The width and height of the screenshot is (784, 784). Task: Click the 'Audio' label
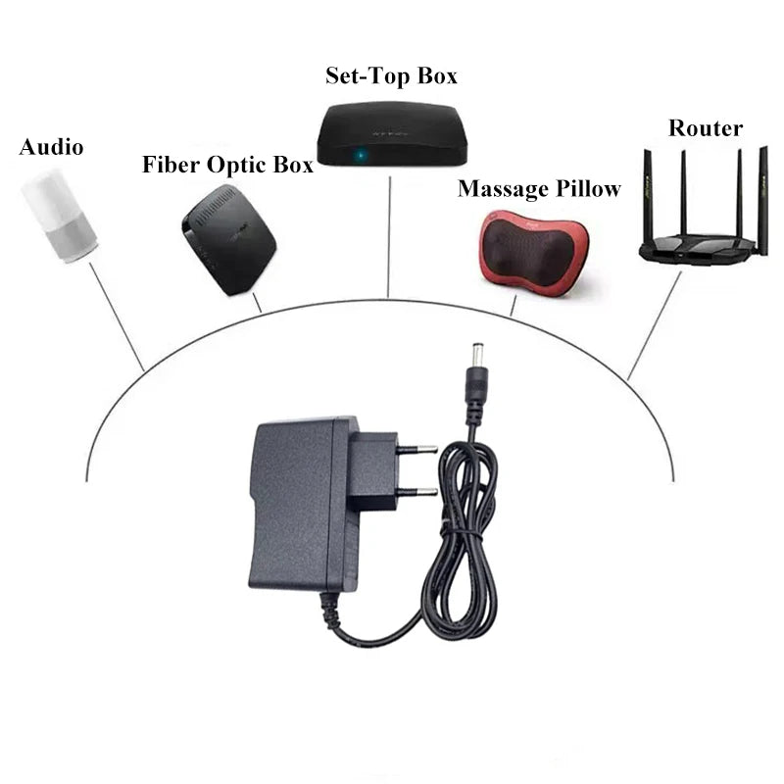pyautogui.click(x=52, y=146)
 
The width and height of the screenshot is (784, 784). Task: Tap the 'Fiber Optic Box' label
pyautogui.click(x=227, y=165)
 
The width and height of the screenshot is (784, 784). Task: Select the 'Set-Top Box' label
pyautogui.click(x=391, y=76)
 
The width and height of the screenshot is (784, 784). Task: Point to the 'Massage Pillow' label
pyautogui.click(x=539, y=189)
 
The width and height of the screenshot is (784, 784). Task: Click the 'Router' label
pyautogui.click(x=706, y=128)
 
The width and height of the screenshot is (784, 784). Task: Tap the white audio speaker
pyautogui.click(x=59, y=216)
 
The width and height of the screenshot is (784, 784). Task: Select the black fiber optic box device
pyautogui.click(x=229, y=239)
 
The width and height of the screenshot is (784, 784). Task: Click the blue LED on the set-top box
pyautogui.click(x=360, y=155)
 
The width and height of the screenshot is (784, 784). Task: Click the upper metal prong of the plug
pyautogui.click(x=417, y=450)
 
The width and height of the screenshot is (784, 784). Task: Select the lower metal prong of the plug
pyautogui.click(x=417, y=492)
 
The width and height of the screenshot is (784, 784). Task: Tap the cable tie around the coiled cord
pyautogui.click(x=461, y=530)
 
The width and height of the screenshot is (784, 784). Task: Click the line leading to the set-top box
pyautogui.click(x=389, y=237)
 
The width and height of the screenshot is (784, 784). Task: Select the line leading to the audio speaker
pyautogui.click(x=117, y=317)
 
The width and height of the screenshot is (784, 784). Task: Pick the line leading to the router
pyautogui.click(x=654, y=326)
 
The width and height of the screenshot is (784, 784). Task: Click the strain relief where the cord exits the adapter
pyautogui.click(x=331, y=611)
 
